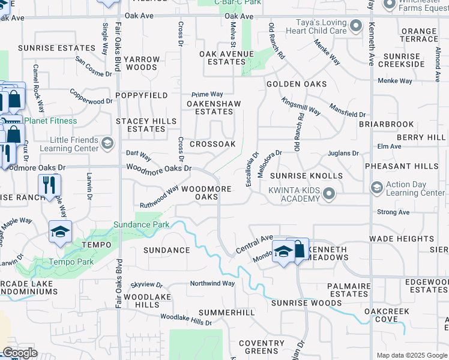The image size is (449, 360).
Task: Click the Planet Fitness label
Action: [x=51, y=121]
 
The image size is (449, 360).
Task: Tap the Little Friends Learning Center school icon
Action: [x=107, y=143]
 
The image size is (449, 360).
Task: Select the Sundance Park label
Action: [x=142, y=225]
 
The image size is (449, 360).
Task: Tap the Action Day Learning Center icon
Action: [x=376, y=187]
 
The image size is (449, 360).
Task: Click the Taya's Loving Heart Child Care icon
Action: [x=356, y=26]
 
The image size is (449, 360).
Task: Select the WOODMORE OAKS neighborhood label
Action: [x=206, y=193]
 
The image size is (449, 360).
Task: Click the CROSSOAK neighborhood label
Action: [x=212, y=145]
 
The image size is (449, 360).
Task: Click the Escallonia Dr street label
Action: [x=252, y=168]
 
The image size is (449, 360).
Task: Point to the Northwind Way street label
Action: [x=212, y=283]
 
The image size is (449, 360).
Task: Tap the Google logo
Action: [x=20, y=353]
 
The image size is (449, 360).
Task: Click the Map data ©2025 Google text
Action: [x=411, y=355]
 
